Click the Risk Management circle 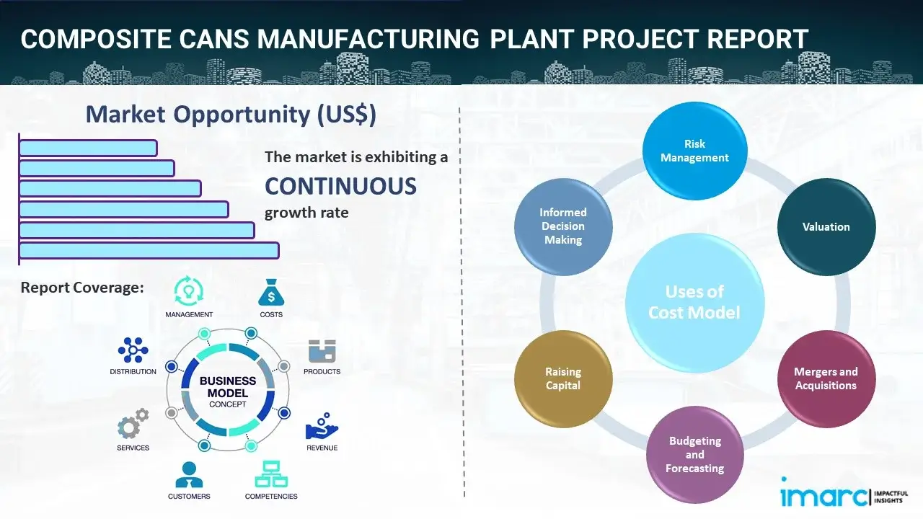pyautogui.click(x=694, y=151)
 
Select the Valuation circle pyautogui.click(x=826, y=226)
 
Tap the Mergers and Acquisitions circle pyautogui.click(x=826, y=378)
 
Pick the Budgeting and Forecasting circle pyautogui.click(x=694, y=454)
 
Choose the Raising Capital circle pyautogui.click(x=563, y=378)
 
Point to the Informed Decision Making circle pyautogui.click(x=563, y=226)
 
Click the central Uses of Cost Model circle pyautogui.click(x=694, y=302)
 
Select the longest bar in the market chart pyautogui.click(x=149, y=250)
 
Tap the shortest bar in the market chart pyautogui.click(x=88, y=148)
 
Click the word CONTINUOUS pyautogui.click(x=340, y=187)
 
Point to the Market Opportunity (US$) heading pyautogui.click(x=231, y=115)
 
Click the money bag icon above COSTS pyautogui.click(x=271, y=293)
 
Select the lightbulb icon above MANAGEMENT pyautogui.click(x=189, y=291)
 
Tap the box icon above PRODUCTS pyautogui.click(x=322, y=352)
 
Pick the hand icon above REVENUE pyautogui.click(x=322, y=427)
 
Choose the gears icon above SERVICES pyautogui.click(x=133, y=425)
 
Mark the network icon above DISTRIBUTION pyautogui.click(x=133, y=350)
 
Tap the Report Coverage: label pyautogui.click(x=82, y=288)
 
